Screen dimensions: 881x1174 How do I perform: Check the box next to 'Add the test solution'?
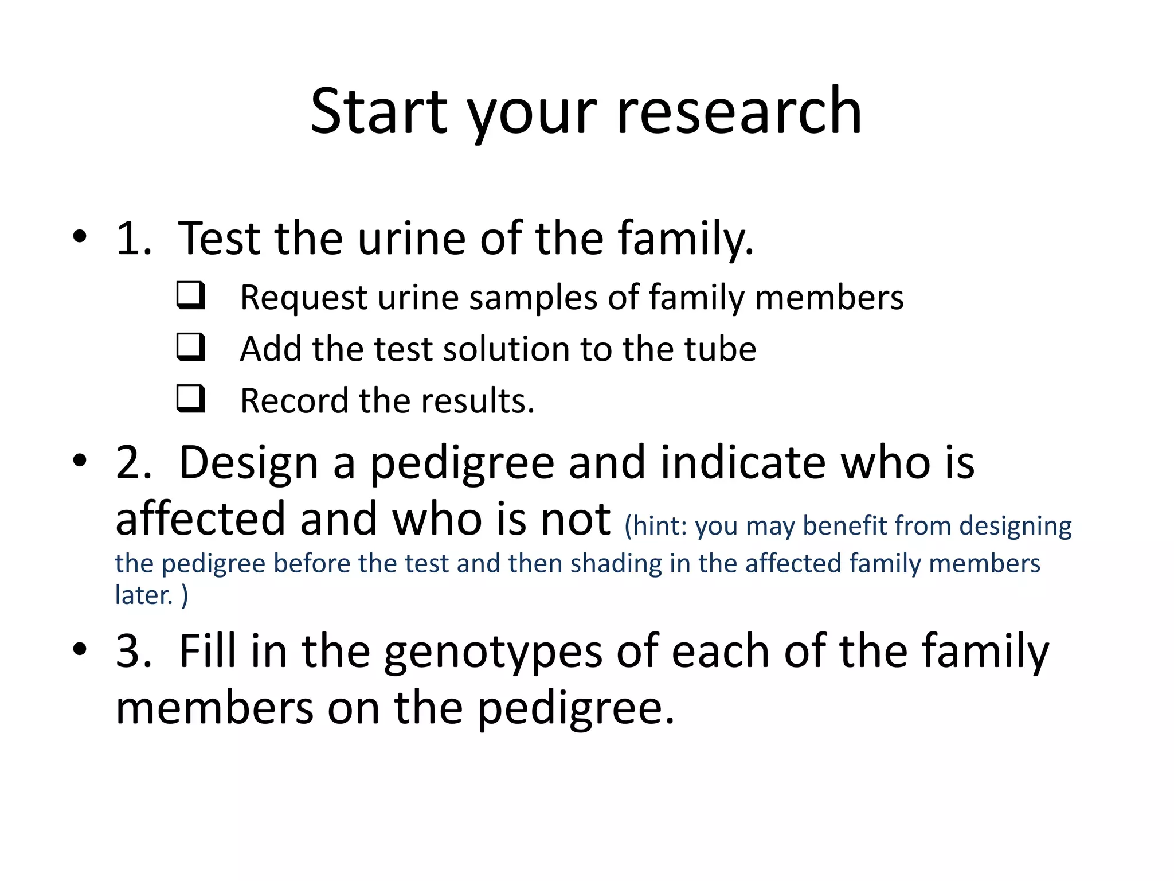pyautogui.click(x=190, y=347)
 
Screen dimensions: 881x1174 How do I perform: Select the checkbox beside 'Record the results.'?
pyautogui.click(x=190, y=399)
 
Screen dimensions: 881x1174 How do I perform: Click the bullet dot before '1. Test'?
pyautogui.click(x=80, y=236)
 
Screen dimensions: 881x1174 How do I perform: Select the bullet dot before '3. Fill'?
pyautogui.click(x=80, y=649)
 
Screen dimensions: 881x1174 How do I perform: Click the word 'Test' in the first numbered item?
pyautogui.click(x=220, y=238)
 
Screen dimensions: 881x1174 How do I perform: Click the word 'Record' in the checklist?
pyautogui.click(x=294, y=400)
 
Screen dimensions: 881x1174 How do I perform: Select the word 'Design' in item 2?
pyautogui.click(x=249, y=463)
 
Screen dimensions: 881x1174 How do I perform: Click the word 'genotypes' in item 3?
pyautogui.click(x=493, y=653)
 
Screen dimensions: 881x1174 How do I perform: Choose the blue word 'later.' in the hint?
pyautogui.click(x=144, y=595)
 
